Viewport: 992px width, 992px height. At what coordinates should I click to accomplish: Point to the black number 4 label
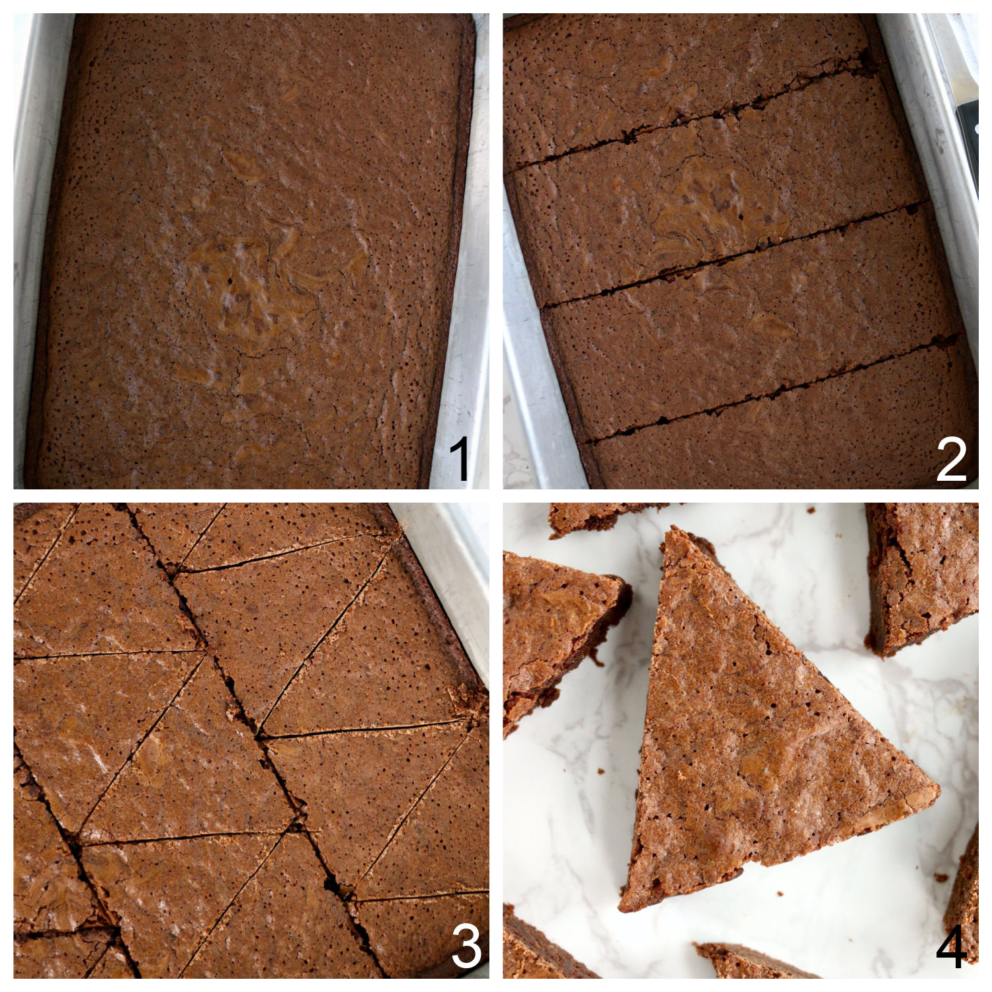(x=952, y=947)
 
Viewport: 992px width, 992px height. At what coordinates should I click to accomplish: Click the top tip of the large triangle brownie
(x=673, y=532)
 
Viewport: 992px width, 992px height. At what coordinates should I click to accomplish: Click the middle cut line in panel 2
(x=734, y=258)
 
